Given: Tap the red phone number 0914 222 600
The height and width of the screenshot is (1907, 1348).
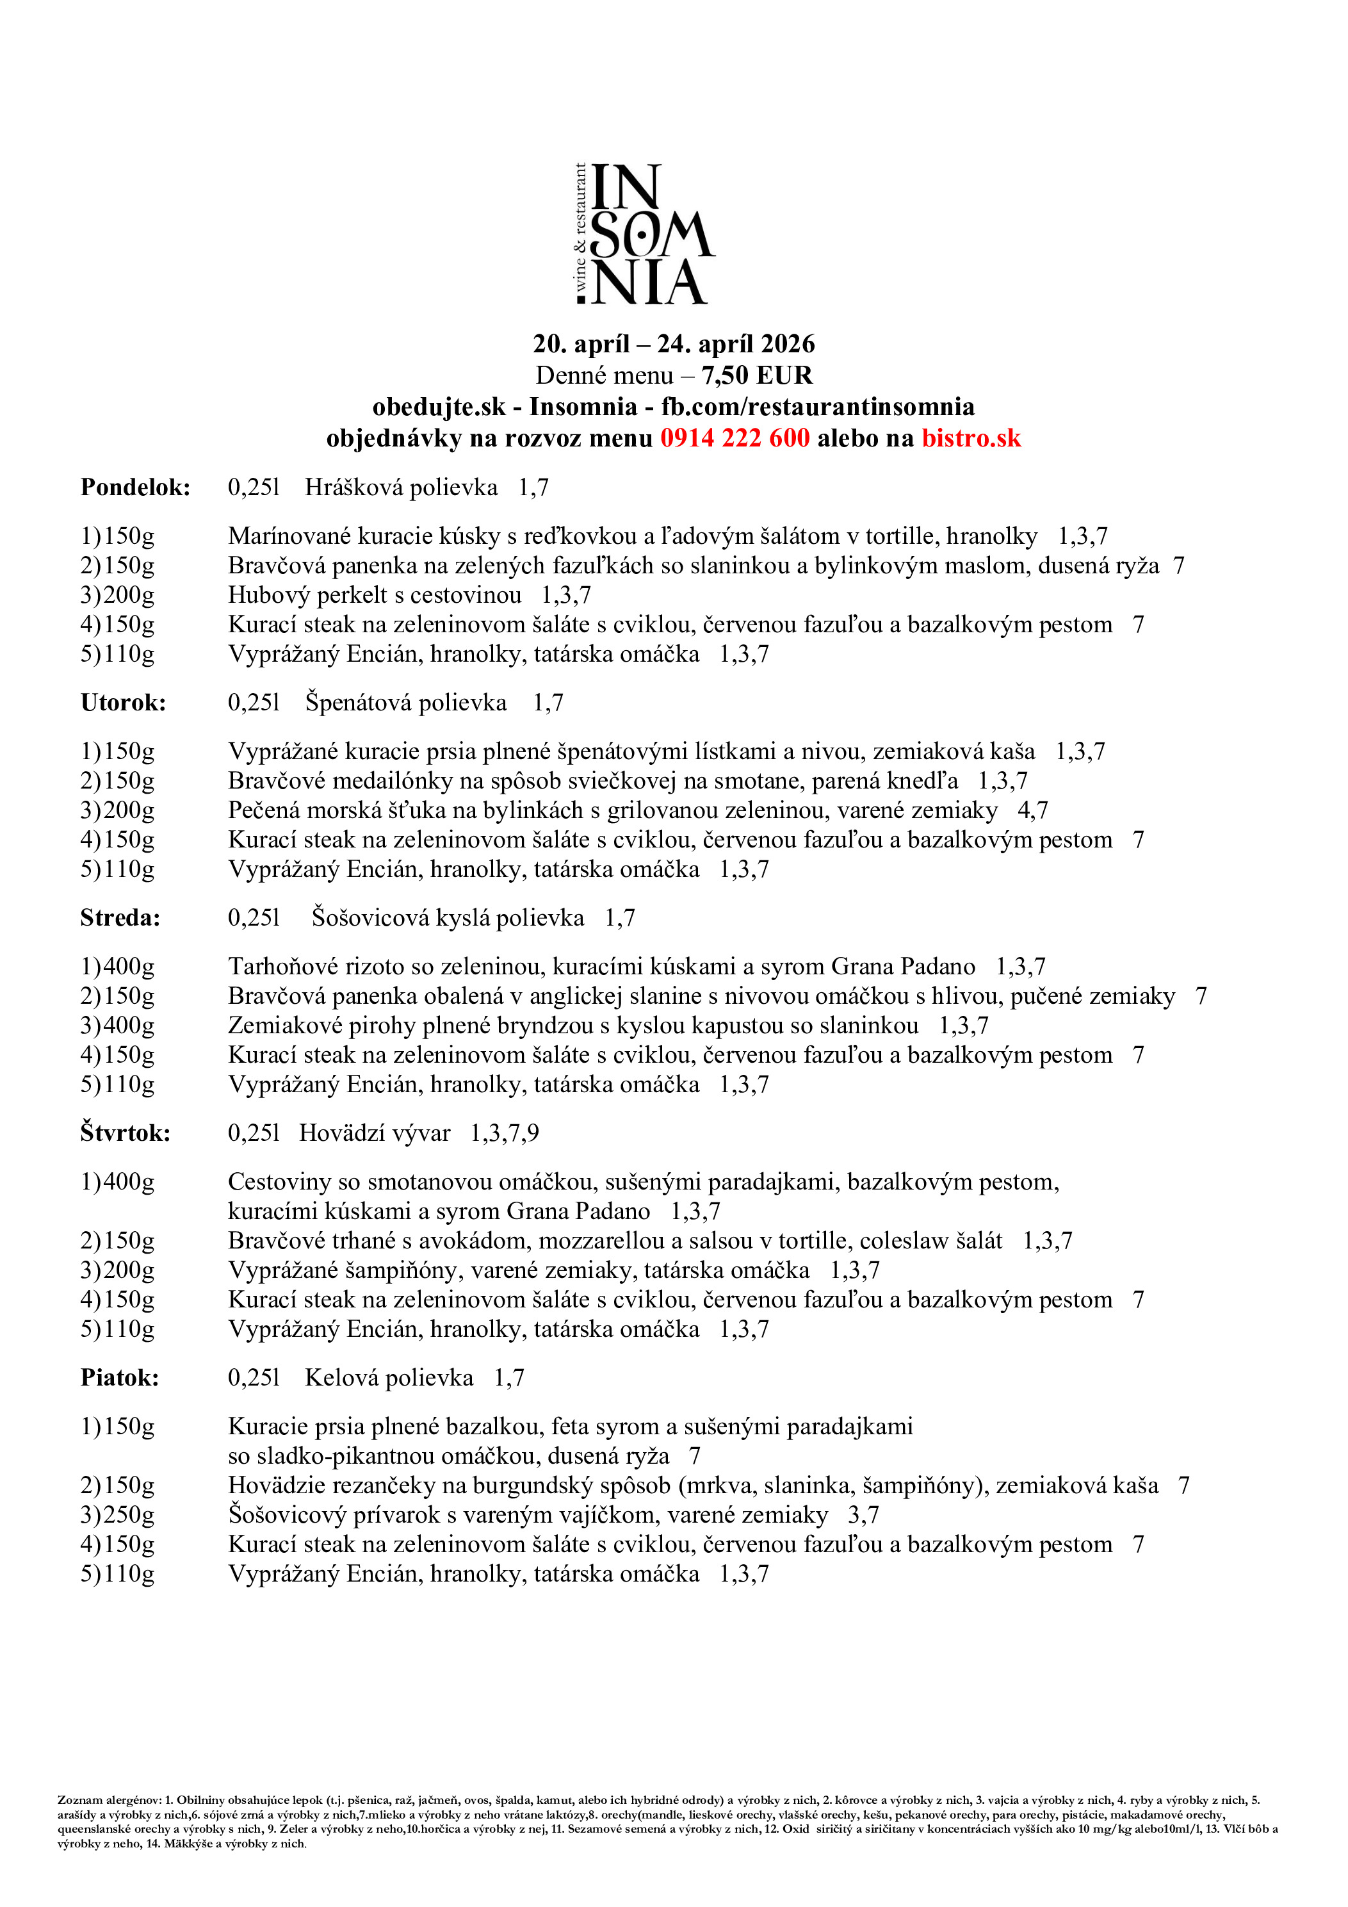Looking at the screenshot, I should click(x=735, y=438).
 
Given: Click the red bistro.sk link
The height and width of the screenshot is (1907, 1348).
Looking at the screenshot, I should click(x=971, y=438).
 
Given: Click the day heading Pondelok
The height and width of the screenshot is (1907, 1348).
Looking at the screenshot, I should click(x=135, y=487).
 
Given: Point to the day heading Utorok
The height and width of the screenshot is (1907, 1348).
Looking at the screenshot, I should click(x=123, y=703).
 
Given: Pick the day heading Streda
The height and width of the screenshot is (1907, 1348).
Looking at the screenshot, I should click(x=120, y=918).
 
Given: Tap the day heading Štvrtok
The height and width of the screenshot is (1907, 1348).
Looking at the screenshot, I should click(x=126, y=1133).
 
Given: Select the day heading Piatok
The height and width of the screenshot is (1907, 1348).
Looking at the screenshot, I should click(x=120, y=1378).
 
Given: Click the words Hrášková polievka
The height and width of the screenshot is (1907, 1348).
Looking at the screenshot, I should click(x=401, y=487).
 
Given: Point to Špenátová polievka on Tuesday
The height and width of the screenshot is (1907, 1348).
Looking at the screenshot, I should click(x=405, y=703).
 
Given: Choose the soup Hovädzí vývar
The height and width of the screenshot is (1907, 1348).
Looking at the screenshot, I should click(x=375, y=1133).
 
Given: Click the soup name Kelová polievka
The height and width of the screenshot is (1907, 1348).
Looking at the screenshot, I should click(x=389, y=1378).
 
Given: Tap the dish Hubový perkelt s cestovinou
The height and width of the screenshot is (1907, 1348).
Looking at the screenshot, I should click(x=375, y=594).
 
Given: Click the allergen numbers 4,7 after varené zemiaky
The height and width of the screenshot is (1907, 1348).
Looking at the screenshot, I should click(x=1032, y=810).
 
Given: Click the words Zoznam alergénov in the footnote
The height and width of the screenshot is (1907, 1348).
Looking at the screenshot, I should click(x=109, y=1800).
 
